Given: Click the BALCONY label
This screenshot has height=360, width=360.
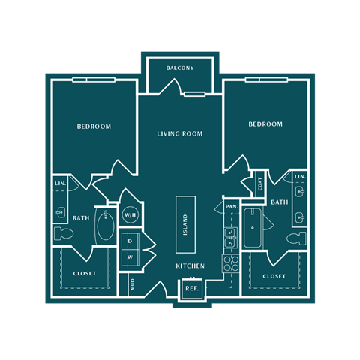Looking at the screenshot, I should [180, 68].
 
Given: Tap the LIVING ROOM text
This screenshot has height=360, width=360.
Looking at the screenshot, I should [180, 134].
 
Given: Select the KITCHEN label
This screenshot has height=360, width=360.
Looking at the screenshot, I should [190, 266].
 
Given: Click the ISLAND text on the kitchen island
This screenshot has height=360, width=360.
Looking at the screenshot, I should [185, 223].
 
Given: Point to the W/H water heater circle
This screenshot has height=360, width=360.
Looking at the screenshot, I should [130, 215].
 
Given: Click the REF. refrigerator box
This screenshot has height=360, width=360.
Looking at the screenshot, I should [191, 288].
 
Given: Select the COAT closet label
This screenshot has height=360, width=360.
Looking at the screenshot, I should [259, 181].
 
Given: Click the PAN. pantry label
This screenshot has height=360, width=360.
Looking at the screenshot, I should [231, 206].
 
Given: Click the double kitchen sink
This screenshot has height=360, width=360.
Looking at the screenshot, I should [230, 238].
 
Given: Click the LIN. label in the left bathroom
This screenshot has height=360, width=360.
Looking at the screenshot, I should [59, 184].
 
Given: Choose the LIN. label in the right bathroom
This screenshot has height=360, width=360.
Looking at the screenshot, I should [300, 176].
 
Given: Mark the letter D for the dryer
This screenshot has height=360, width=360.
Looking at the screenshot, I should [130, 241].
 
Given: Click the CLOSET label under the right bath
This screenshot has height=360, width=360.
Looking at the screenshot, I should [274, 276].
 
